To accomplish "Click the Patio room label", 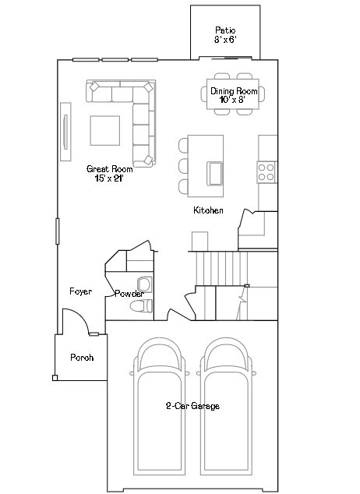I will pos(226,34).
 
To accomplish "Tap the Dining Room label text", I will pos(234,95).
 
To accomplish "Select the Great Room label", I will pos(108,172).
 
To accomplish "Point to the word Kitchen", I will pos(209,211).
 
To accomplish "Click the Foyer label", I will pos(80,291).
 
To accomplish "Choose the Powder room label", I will pos(129,294).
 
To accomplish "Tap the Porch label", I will pos(82,358).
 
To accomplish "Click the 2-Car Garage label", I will pos(192,406).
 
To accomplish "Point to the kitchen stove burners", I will pos(266,171).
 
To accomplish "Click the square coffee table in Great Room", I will pos(104,130).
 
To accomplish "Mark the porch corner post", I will pos(55,379).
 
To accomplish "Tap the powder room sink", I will pos(144,283).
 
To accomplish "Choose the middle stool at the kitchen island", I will pos(184,165).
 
